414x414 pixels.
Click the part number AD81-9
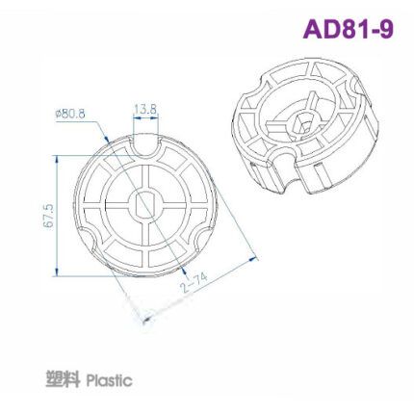tap(348, 29)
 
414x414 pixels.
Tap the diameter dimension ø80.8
tap(71, 113)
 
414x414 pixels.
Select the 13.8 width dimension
tap(145, 110)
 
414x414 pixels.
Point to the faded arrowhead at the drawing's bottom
tap(145, 318)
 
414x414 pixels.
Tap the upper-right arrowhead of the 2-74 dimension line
tap(256, 256)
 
